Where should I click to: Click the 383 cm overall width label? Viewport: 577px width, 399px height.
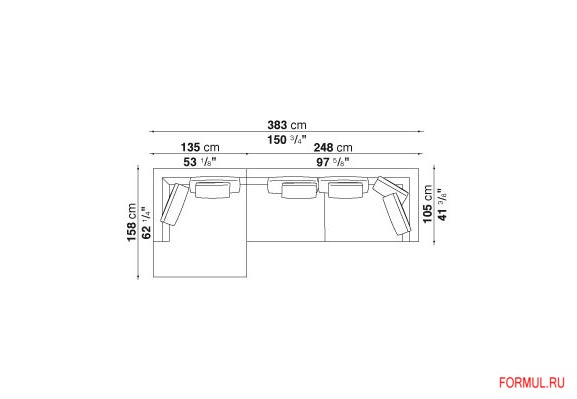(x=287, y=125)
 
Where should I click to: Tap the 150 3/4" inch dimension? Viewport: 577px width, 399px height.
(x=287, y=140)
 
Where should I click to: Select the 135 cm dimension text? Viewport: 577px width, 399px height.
(x=200, y=148)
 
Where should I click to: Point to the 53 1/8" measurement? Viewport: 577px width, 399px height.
(x=200, y=162)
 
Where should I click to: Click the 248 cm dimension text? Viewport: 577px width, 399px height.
(x=333, y=148)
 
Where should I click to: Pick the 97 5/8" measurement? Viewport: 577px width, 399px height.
(x=333, y=162)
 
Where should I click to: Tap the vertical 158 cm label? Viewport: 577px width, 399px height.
(x=132, y=222)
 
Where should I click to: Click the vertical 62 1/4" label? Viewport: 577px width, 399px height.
(x=146, y=223)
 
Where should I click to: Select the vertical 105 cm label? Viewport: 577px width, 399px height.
(x=428, y=204)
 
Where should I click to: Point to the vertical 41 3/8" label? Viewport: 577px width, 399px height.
(x=442, y=205)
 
